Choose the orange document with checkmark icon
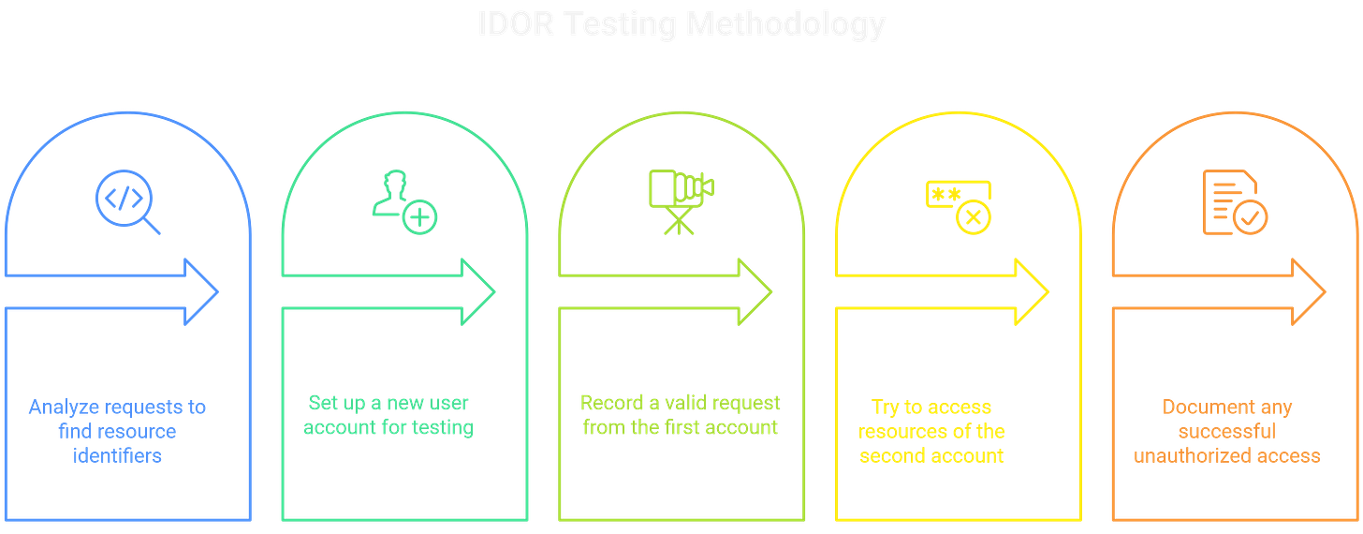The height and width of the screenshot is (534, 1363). [x=1234, y=202]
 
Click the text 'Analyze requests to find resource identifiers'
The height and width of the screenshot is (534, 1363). [x=118, y=432]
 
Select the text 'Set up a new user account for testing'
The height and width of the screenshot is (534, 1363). [x=390, y=416]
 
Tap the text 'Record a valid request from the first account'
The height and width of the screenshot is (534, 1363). [x=681, y=416]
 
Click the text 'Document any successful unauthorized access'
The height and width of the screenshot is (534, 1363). [x=1227, y=432]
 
